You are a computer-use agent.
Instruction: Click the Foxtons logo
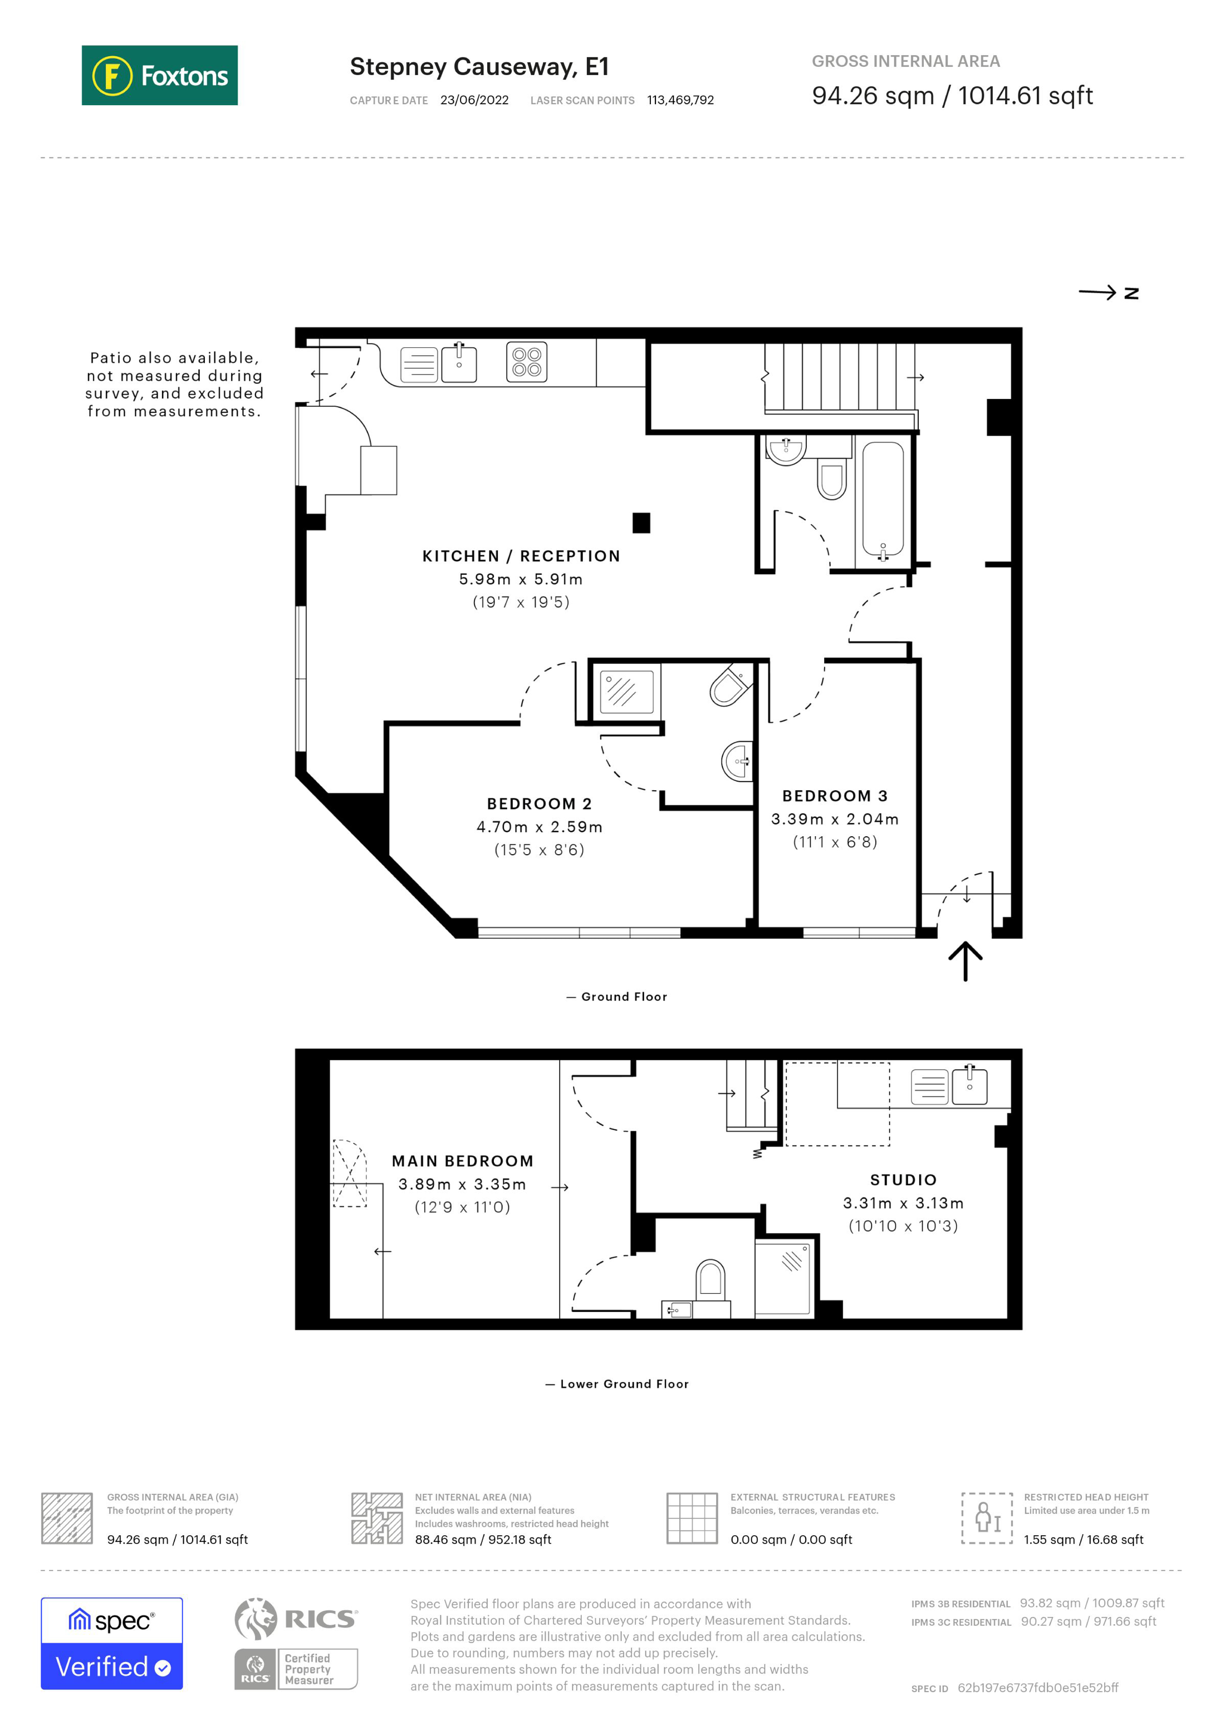(x=159, y=75)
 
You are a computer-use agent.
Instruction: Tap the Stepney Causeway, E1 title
(x=479, y=67)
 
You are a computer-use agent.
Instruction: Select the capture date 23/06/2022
(x=474, y=100)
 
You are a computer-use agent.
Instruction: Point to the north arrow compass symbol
(x=1108, y=293)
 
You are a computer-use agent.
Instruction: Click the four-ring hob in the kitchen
(x=527, y=362)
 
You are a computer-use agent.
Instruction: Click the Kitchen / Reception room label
(x=521, y=556)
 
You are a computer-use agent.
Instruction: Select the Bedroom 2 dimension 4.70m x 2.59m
(x=540, y=827)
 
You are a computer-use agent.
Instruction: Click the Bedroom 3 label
(x=834, y=796)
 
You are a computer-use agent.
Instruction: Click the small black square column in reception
(x=641, y=522)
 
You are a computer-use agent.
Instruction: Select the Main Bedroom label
(x=462, y=1161)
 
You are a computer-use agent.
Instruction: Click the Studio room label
(x=903, y=1180)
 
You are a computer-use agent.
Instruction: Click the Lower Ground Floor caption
(x=624, y=1384)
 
